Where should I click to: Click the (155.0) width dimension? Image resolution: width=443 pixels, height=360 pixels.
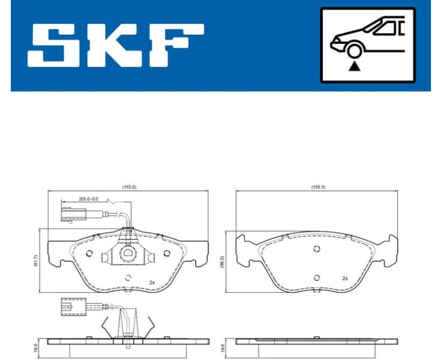pos(128,187)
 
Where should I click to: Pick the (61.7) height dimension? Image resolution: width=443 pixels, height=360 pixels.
pos(37,259)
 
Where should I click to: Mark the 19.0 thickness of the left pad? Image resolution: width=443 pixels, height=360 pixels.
pos(37,347)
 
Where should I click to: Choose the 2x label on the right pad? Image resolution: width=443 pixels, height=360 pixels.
pos(345,278)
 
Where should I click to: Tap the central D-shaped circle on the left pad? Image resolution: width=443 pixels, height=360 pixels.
pos(128,254)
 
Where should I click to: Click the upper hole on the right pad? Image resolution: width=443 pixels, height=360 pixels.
pos(317,250)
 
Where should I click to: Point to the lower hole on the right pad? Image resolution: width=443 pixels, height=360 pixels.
pos(317,277)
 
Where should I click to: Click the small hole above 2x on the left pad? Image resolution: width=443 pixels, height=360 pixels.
pos(128,277)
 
